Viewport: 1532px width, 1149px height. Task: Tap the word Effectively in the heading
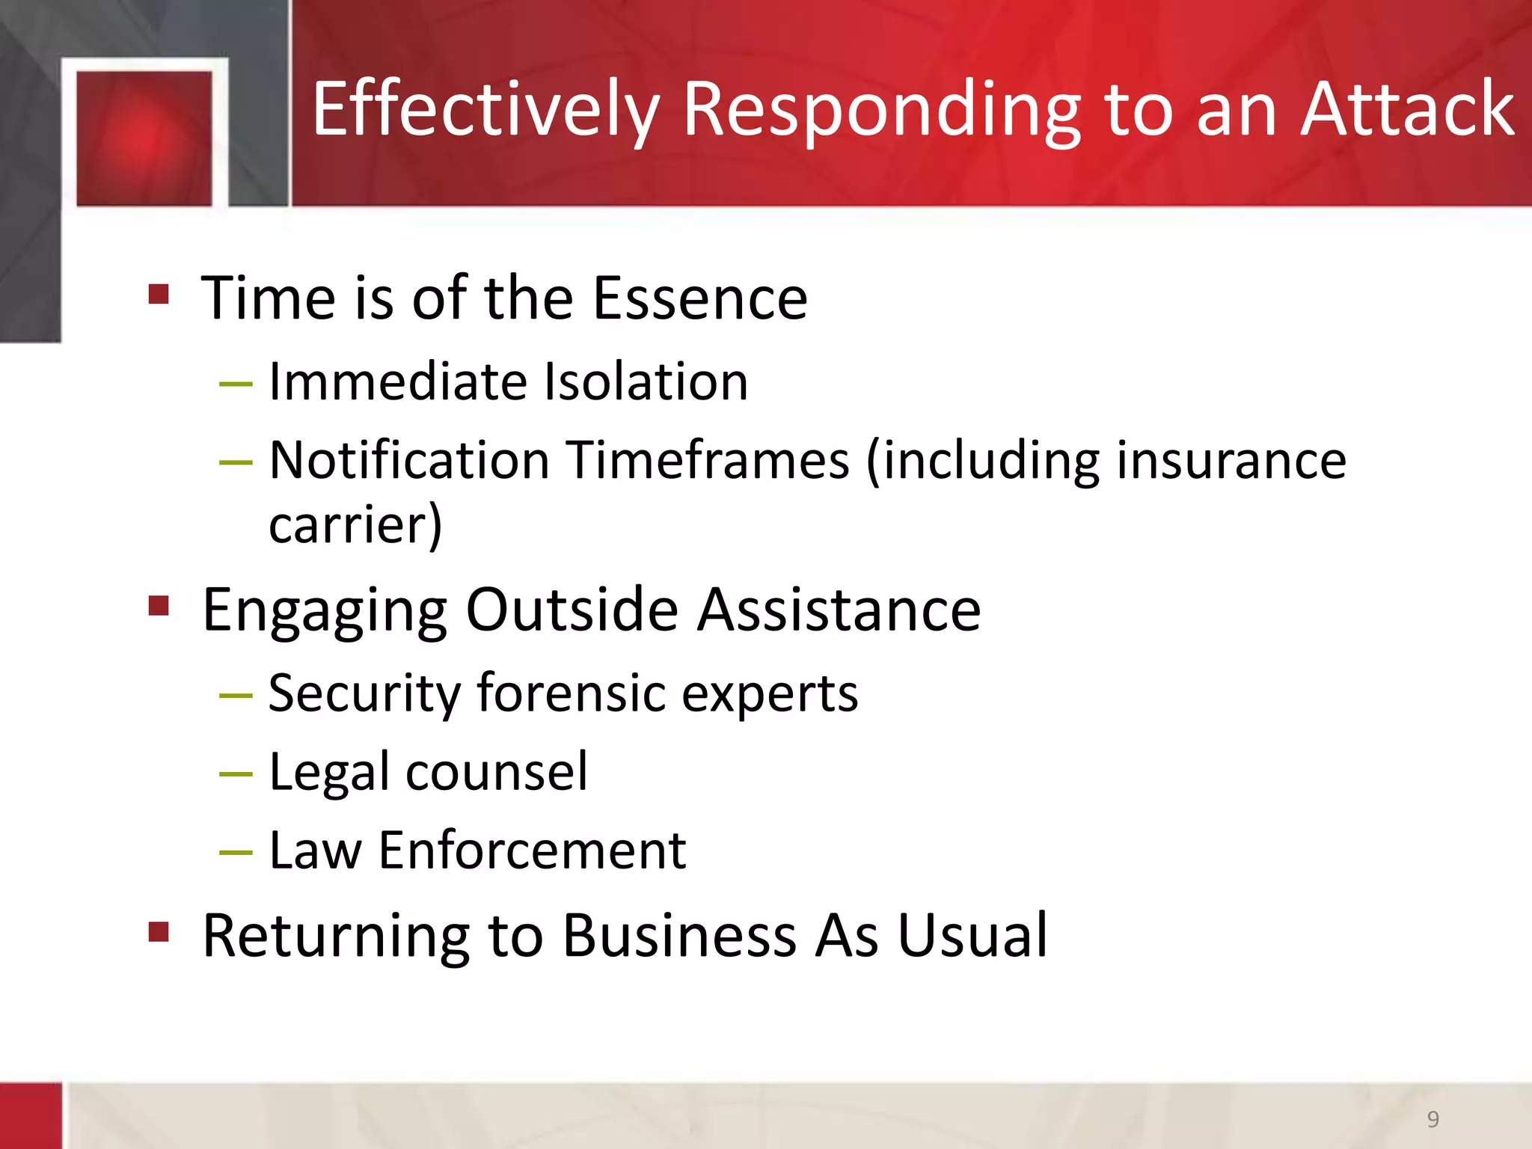point(485,111)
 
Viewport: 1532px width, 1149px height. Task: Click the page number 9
point(1433,1119)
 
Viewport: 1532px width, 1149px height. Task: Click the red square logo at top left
point(144,138)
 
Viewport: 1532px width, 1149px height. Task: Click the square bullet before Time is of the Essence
point(159,293)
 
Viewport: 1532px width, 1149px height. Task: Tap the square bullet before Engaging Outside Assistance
point(159,604)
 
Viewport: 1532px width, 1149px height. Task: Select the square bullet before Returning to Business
point(159,931)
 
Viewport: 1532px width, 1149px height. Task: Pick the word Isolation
point(646,382)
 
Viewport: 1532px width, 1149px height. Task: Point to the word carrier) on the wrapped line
point(355,525)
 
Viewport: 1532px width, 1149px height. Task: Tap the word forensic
point(571,693)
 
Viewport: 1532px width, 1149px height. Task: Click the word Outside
point(572,609)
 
